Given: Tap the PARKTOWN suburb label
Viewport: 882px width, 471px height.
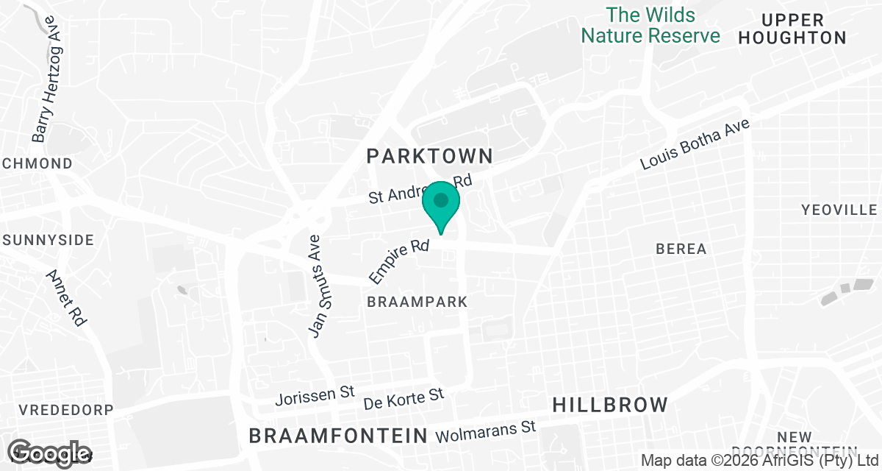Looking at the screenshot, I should click(430, 156).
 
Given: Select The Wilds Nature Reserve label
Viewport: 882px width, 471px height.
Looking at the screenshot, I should click(651, 25).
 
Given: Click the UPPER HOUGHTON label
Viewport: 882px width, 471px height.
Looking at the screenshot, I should click(792, 29).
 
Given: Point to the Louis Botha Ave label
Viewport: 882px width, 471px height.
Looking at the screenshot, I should click(695, 145).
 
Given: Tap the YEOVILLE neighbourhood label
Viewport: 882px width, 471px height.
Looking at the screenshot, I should click(839, 210).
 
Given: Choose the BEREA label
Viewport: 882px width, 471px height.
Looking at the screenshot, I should click(681, 249).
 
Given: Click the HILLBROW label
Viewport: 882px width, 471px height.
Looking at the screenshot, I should click(610, 405).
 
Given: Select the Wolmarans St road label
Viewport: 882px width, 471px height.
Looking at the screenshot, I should click(487, 432).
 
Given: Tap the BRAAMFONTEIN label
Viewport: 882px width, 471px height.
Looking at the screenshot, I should click(338, 435).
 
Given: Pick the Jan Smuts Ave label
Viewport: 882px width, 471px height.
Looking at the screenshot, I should click(317, 287).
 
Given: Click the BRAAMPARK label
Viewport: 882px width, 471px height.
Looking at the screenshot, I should click(417, 302).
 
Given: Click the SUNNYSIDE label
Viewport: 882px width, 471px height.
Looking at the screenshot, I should click(49, 240).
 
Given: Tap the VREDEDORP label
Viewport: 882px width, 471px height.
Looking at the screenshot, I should click(56, 410).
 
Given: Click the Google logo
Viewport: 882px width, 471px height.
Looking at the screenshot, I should click(50, 452).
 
